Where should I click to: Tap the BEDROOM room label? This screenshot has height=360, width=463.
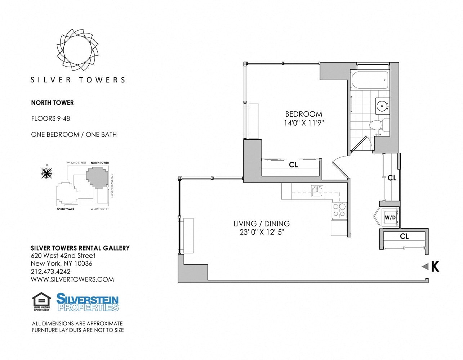pos(303,114)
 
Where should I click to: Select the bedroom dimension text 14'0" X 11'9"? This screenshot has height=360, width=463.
pos(304,123)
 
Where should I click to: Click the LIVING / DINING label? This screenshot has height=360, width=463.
pos(261,224)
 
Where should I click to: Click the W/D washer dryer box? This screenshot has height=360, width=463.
pos(389,217)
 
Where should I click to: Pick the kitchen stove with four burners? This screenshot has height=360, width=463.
pos(339,210)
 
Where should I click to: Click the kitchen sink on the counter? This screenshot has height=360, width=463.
pos(317,190)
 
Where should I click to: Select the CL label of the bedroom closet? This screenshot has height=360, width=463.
pos(293,165)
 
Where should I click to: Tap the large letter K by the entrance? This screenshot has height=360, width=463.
pos(435,267)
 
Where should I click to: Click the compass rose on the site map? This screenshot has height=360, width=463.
pos(46,173)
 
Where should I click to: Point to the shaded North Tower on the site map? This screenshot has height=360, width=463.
pos(97,177)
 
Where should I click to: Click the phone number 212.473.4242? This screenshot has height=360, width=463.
pos(51,271)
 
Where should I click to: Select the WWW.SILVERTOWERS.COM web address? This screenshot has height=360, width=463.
pos(72,279)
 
